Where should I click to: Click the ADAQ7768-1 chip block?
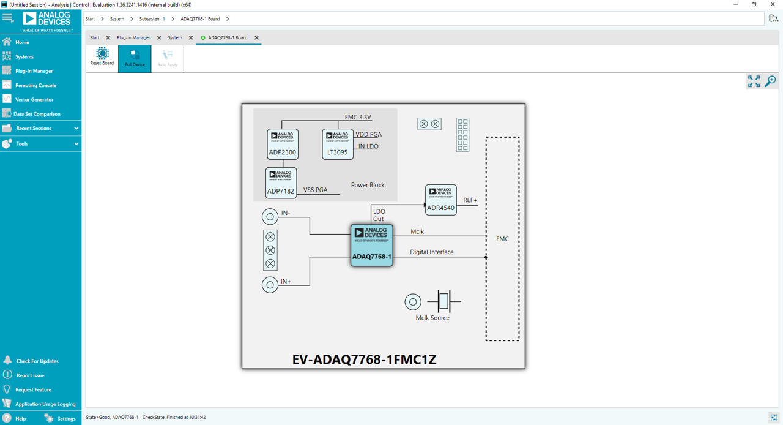point(371,245)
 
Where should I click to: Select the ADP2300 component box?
point(283,144)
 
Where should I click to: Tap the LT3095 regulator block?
point(338,144)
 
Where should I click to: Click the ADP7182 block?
point(281,182)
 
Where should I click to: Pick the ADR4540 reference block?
point(440,200)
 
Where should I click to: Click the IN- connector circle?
point(270,216)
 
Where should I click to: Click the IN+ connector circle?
point(270,285)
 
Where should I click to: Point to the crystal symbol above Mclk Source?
point(444,301)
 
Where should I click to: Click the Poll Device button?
point(135,58)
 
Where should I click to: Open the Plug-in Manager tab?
point(133,38)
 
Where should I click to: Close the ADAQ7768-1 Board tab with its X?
point(256,38)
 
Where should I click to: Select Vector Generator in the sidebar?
point(34,99)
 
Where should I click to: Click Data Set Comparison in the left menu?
point(37,114)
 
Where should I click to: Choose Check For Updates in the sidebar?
point(37,361)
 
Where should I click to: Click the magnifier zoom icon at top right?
point(770,81)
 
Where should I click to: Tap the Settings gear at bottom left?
point(50,418)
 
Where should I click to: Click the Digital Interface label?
point(431,252)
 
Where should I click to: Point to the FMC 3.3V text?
point(358,117)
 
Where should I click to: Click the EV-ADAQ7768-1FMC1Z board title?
point(364,359)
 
